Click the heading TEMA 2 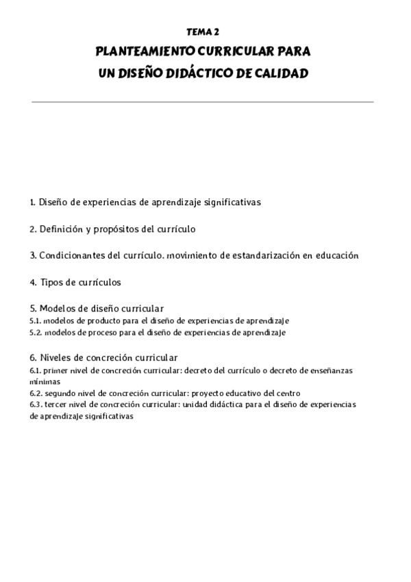click(x=203, y=32)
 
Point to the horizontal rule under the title click(x=203, y=102)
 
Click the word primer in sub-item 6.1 click(x=55, y=370)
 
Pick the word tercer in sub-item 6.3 click(x=57, y=405)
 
